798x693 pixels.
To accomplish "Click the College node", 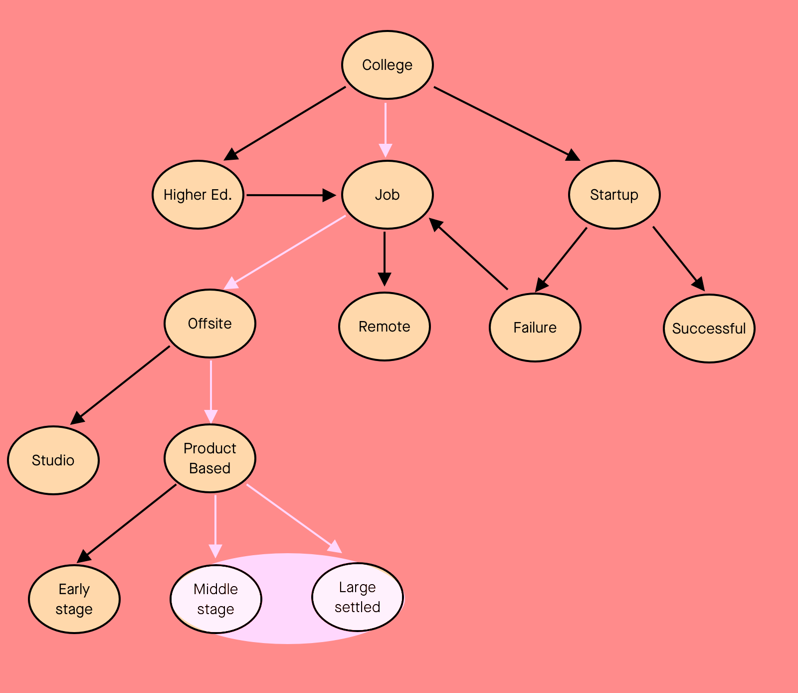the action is (388, 65).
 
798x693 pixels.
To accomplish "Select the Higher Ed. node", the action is (198, 195).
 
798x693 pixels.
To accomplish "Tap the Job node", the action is (388, 195).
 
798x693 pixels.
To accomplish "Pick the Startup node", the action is (614, 195).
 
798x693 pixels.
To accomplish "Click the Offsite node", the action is (210, 324).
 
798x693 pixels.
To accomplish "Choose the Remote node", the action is (385, 327).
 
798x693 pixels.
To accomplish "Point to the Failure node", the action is (535, 328).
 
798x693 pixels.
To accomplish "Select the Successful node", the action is (709, 329).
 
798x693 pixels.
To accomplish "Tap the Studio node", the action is (53, 460).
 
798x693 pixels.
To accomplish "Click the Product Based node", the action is (210, 458).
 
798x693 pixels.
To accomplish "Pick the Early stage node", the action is (74, 599).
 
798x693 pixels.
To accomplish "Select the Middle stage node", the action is (216, 599).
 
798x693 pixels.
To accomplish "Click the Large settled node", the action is (358, 597).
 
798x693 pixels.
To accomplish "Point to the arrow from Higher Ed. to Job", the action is (291, 195).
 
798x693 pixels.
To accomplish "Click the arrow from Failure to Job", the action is (468, 253).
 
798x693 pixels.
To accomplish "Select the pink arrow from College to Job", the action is (386, 130).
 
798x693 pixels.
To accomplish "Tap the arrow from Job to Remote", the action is (385, 259).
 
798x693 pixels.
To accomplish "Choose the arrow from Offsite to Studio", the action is (120, 385).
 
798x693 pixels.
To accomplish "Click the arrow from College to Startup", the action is (507, 124).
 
